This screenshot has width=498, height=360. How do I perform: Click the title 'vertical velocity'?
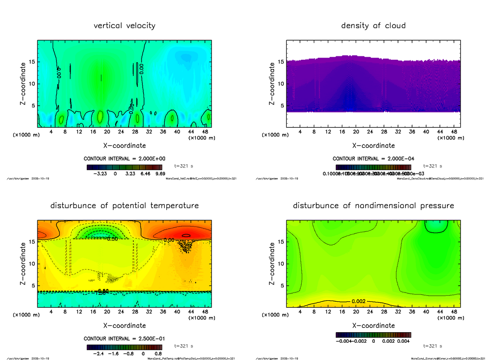point(124,26)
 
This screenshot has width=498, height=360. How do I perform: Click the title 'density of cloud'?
point(373,26)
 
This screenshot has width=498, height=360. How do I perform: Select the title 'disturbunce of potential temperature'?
point(124,206)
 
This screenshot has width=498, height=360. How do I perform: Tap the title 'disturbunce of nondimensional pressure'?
point(373,206)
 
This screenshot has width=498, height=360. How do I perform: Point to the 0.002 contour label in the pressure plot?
point(359,301)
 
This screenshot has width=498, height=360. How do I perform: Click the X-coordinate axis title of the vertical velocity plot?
point(124,146)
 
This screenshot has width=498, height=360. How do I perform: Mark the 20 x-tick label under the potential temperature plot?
point(107,311)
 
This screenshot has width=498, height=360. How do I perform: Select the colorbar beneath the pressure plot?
point(373,334)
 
